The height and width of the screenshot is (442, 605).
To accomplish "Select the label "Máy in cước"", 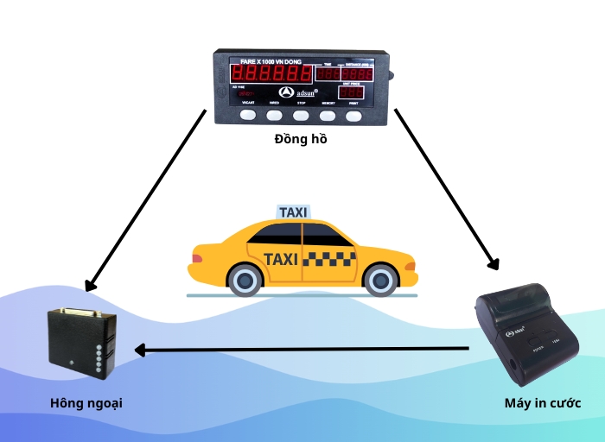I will (542, 403).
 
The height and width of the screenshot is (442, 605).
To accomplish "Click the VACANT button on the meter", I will (248, 114).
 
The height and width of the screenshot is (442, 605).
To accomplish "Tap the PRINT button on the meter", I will (353, 114).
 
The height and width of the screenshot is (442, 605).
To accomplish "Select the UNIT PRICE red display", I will (351, 92).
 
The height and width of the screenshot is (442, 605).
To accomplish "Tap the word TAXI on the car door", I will (281, 258).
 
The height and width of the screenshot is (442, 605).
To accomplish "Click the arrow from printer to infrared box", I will (302, 350).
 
